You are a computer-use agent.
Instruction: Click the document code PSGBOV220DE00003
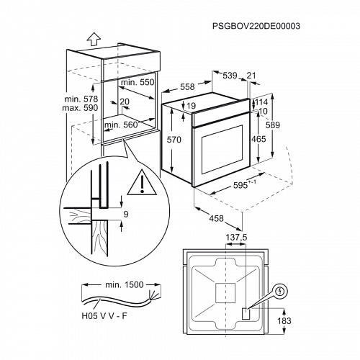(x=256, y=26)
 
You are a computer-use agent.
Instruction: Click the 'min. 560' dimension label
(x=121, y=124)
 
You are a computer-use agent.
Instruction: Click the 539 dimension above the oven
(x=230, y=75)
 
